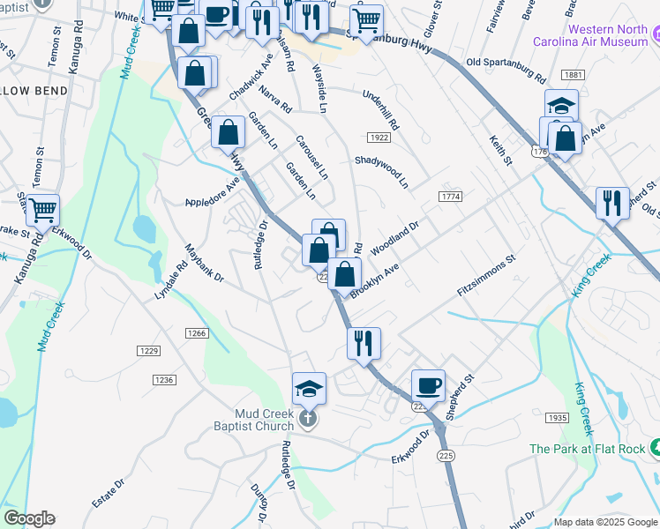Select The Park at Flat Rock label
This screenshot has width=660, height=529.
coord(589,449)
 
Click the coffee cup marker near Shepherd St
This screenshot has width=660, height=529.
coord(428,385)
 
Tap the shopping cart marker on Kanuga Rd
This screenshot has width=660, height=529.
coord(42,210)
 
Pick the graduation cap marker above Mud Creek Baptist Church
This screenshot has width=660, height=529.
coord(309,388)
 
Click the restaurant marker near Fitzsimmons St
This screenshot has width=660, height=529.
coord(364,343)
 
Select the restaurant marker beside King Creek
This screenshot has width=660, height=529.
coord(611,203)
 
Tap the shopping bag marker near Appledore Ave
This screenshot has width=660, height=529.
coord(228,132)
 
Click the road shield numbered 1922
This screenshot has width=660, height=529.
coord(379,138)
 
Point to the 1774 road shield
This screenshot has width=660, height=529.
coord(450,197)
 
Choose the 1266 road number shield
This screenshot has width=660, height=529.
coord(197,332)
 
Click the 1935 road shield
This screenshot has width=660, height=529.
coord(557,417)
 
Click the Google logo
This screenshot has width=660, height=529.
coord(29,518)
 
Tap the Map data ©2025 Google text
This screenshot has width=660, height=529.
coord(604,522)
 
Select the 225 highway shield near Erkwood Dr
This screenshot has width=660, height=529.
coord(444,455)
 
